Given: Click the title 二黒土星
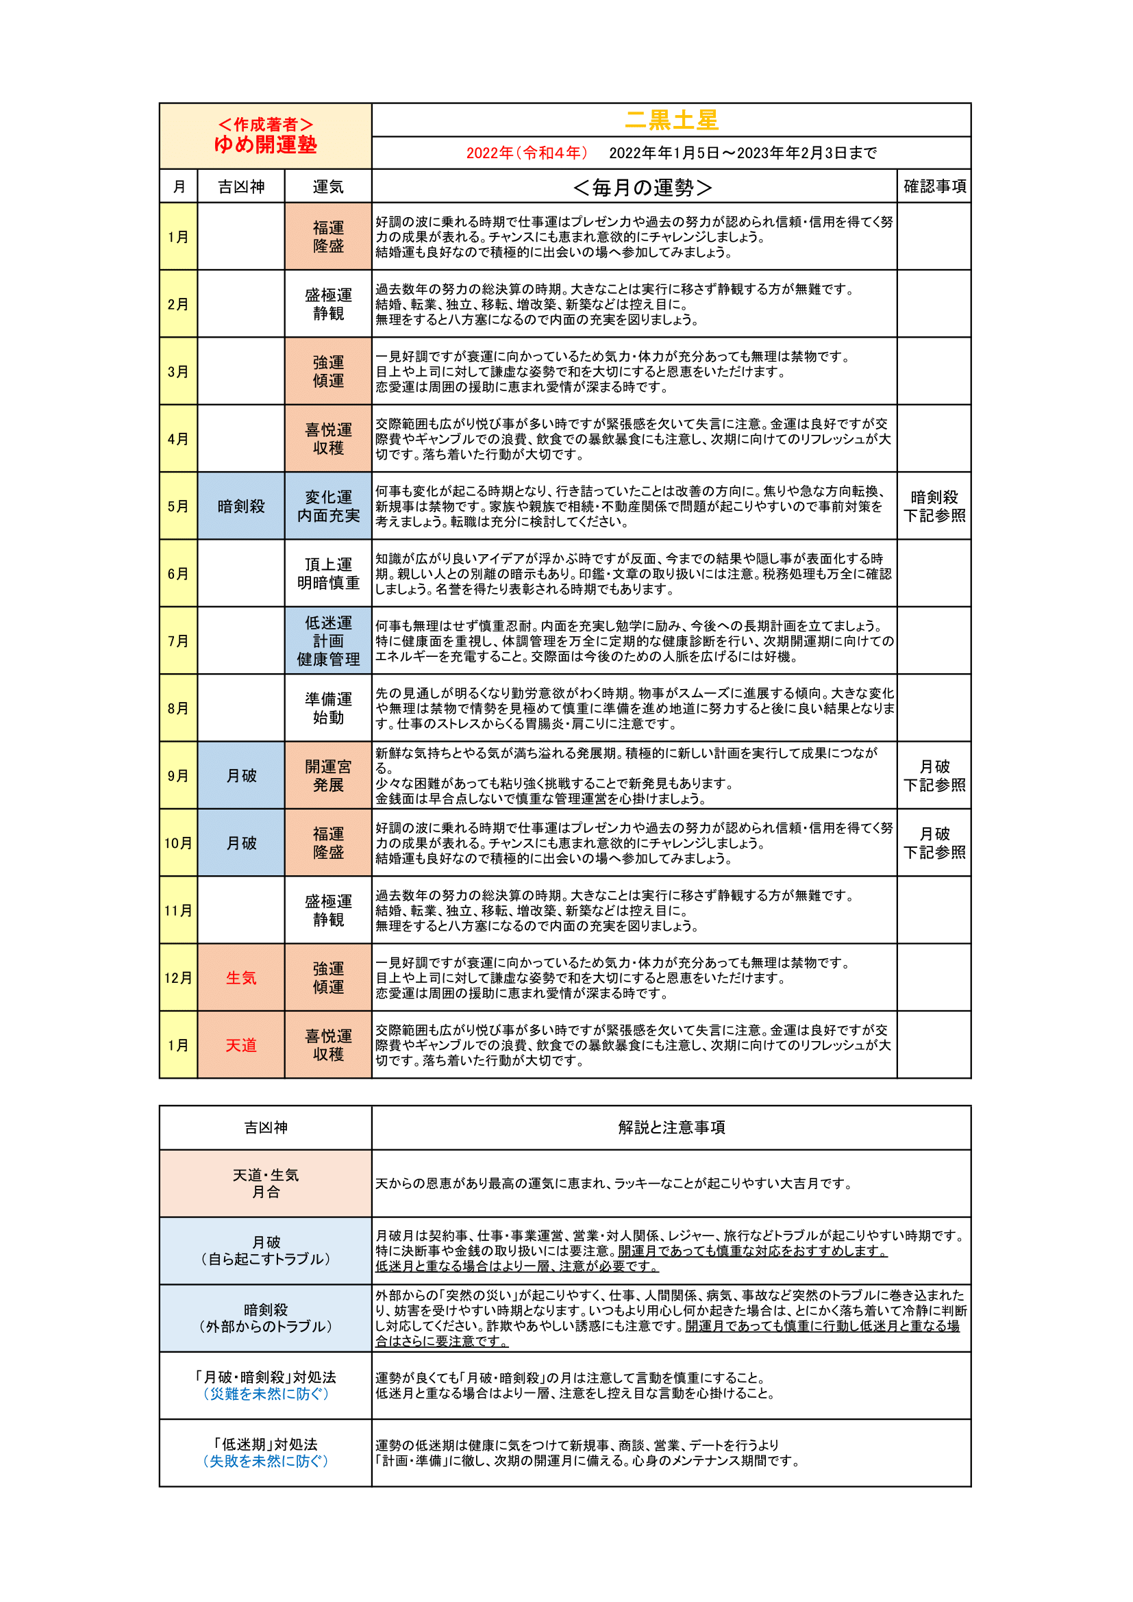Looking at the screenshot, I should (671, 120).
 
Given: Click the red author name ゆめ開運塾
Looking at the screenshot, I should (265, 145).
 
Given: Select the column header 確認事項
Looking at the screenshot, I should (934, 186).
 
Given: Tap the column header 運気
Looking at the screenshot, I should (328, 186).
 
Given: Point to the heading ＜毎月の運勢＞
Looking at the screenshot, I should (642, 187).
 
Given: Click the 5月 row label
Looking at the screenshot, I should (178, 506).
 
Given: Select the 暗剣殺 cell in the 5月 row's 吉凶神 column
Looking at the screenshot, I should (240, 506).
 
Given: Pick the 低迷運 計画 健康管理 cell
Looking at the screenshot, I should (328, 640).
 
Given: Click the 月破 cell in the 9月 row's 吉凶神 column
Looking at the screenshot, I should (240, 775).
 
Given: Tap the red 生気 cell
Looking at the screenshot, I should (240, 977).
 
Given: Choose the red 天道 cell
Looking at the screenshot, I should (240, 1045).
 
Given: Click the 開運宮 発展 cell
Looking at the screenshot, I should (328, 775).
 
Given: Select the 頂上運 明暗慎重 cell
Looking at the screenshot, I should (328, 573).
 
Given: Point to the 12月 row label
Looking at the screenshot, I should (178, 977).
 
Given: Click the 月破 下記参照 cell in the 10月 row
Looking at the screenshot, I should (934, 843).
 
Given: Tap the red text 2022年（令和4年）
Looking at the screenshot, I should (527, 153).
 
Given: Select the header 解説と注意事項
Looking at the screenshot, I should (671, 1127).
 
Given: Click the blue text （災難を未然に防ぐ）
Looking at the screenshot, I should (265, 1393).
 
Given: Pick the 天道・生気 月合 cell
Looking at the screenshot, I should (265, 1184).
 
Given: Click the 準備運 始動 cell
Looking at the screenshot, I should (328, 708).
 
